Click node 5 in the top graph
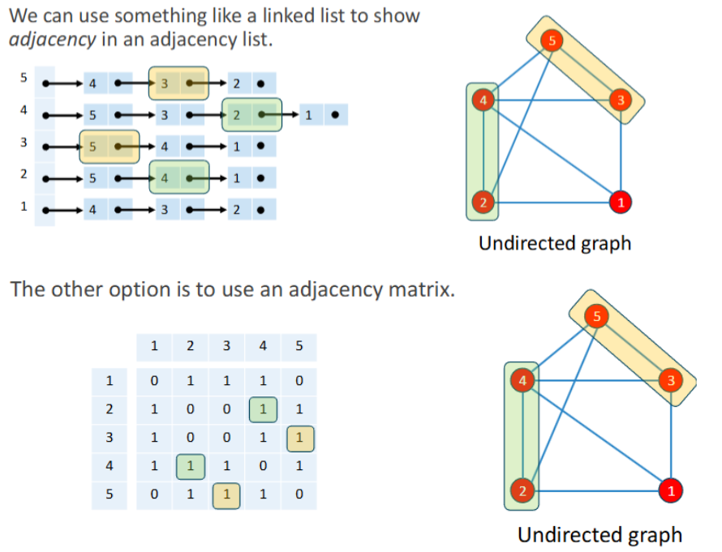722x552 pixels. [552, 40]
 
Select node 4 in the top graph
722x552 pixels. [483, 101]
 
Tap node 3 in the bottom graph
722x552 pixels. [670, 380]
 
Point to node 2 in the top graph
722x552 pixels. [481, 202]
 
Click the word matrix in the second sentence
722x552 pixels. [415, 289]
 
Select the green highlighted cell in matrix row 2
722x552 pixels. [262, 409]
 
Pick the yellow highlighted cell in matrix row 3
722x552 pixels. [299, 438]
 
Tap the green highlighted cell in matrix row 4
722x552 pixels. [190, 466]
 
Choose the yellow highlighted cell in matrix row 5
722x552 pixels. [226, 494]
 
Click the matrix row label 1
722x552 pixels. [110, 380]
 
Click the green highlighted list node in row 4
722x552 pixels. [251, 114]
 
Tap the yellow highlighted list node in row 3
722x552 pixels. [109, 147]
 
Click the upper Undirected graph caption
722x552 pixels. [554, 242]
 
